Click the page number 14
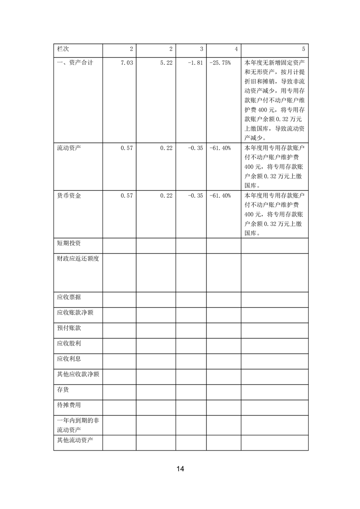point(180,469)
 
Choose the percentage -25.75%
point(221,63)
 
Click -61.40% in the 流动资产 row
point(221,148)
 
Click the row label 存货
point(63,389)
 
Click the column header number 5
point(303,49)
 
